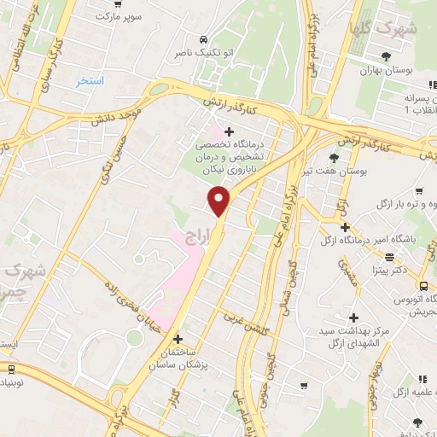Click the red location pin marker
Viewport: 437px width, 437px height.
click(220, 201)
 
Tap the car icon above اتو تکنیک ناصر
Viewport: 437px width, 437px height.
click(203, 40)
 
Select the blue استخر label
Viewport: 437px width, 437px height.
click(90, 81)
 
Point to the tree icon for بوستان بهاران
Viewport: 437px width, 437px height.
click(387, 56)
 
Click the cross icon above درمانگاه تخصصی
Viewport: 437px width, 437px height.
click(229, 131)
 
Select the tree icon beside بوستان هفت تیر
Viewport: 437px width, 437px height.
click(334, 158)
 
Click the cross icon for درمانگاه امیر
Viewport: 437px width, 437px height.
click(345, 227)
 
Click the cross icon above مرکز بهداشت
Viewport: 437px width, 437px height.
click(353, 317)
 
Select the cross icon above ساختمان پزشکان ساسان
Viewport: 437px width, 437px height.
click(178, 338)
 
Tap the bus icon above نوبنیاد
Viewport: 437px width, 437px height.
click(10, 370)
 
